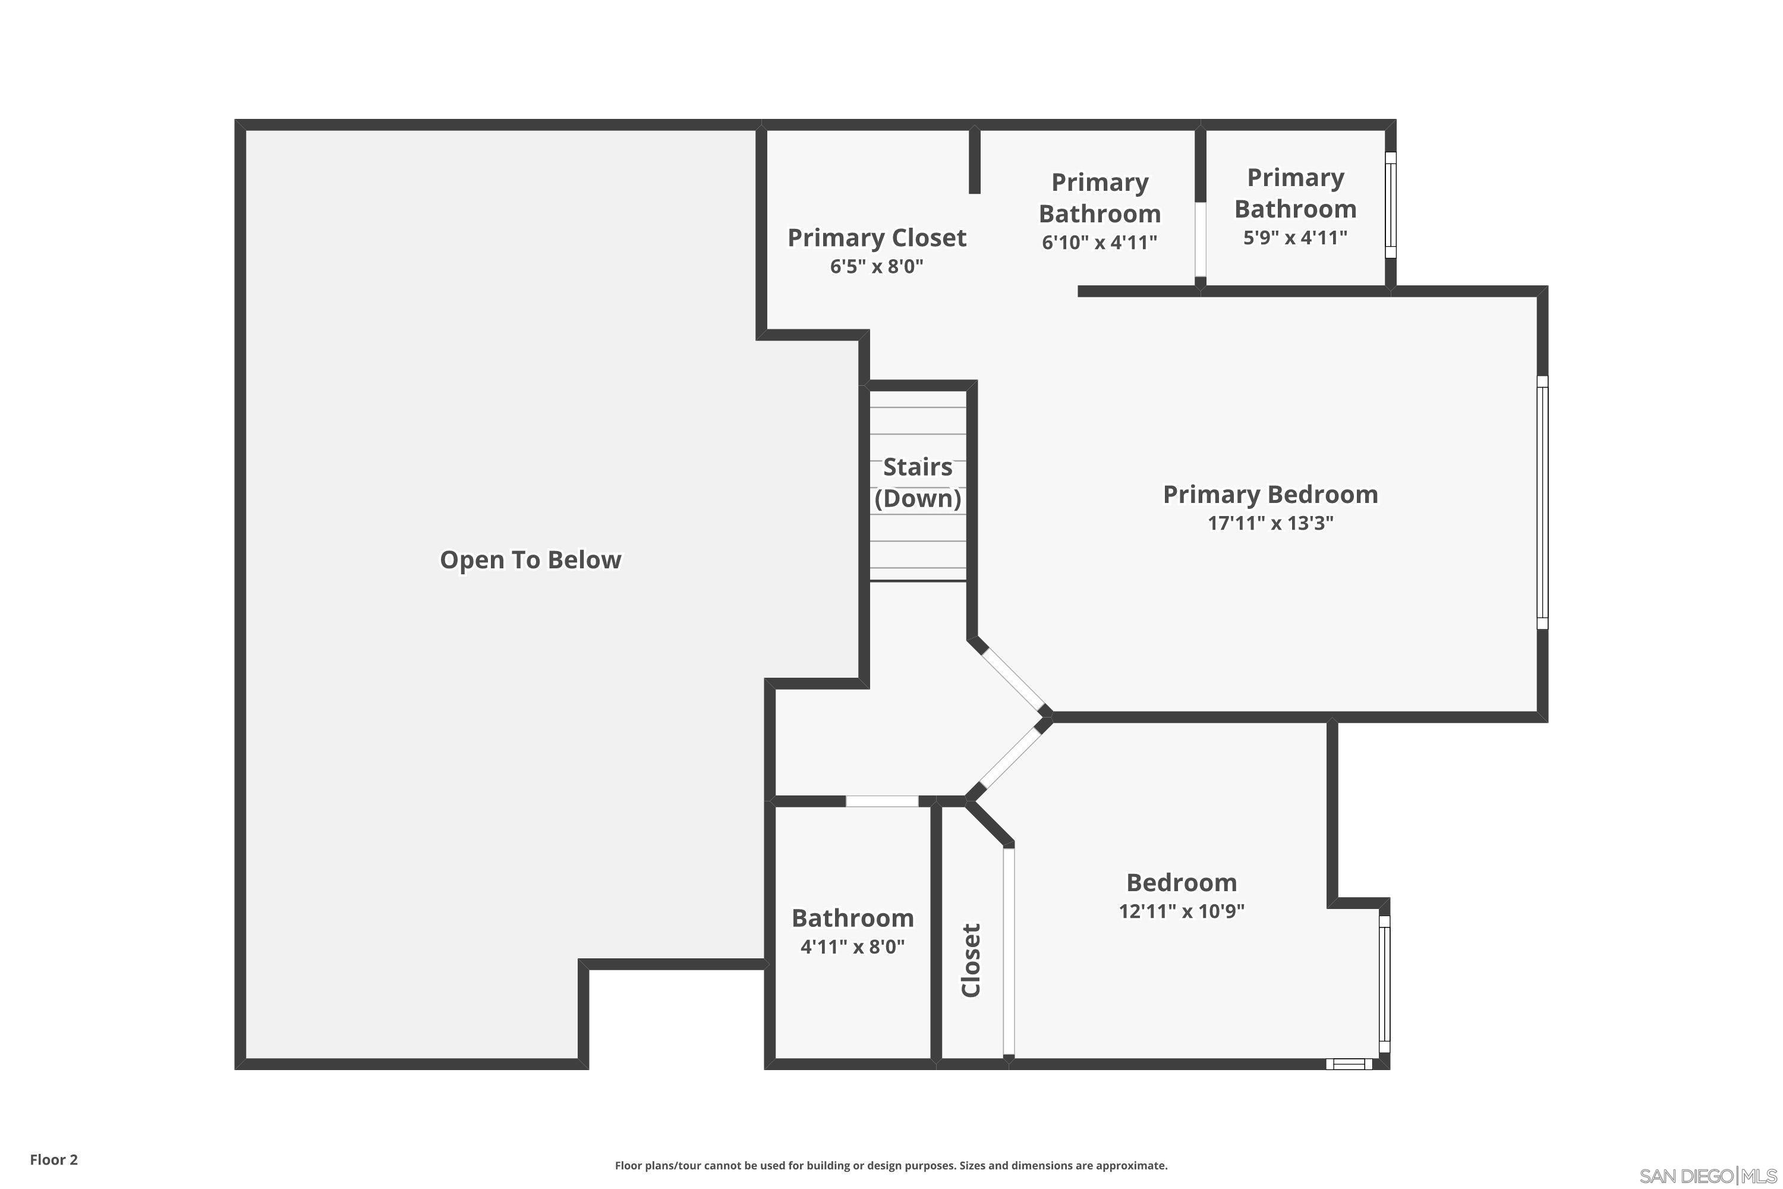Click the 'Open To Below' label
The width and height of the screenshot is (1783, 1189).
[x=530, y=559]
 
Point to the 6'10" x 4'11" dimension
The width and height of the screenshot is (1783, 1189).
[x=1099, y=243]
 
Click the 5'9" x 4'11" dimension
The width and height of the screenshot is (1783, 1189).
[x=1295, y=237]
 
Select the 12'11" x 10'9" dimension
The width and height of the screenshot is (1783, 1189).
[x=1181, y=911]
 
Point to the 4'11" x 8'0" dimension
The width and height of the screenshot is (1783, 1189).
[x=852, y=946]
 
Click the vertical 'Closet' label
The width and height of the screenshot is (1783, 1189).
[x=971, y=960]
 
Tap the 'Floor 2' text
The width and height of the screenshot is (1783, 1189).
[x=54, y=1159]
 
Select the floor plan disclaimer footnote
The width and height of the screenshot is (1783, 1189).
[x=891, y=1165]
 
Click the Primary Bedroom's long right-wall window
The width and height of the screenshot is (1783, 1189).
[x=1542, y=502]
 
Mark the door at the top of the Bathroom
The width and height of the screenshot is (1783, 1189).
[x=881, y=801]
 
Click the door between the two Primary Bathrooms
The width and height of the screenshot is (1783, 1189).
[x=1200, y=240]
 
